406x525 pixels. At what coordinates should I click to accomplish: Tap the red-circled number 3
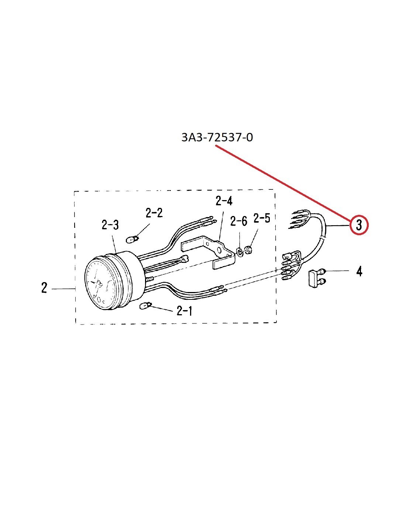(x=359, y=225)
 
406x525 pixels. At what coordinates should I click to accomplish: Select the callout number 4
(x=359, y=271)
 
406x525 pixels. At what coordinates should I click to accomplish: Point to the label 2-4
(x=224, y=201)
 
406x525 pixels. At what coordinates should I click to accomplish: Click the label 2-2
(x=154, y=213)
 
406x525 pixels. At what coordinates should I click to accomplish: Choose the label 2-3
(x=110, y=225)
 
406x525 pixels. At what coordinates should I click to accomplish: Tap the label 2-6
(x=239, y=221)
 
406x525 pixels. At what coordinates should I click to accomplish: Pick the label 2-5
(x=262, y=218)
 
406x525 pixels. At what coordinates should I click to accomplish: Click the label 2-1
(x=185, y=311)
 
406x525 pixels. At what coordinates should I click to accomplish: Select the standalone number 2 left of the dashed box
(x=44, y=288)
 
